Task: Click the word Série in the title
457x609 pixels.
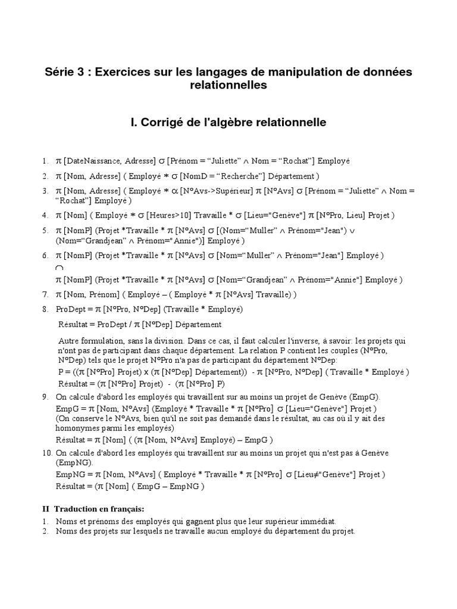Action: pyautogui.click(x=61, y=72)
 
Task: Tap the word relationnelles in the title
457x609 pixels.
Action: pyautogui.click(x=228, y=86)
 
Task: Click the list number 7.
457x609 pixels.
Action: pyautogui.click(x=45, y=294)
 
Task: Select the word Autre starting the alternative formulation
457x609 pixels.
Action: pyautogui.click(x=70, y=341)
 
